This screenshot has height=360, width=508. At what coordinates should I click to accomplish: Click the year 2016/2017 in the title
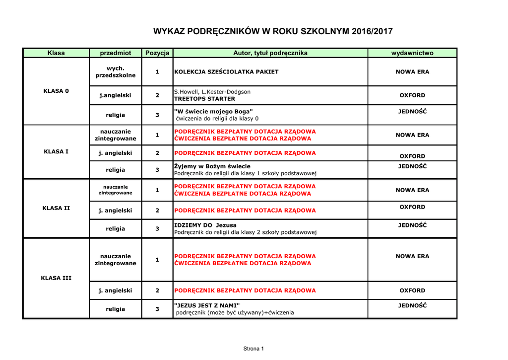point(372,32)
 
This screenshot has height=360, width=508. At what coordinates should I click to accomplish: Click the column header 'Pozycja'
point(157,53)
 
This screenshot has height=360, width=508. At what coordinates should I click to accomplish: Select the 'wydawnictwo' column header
point(412,53)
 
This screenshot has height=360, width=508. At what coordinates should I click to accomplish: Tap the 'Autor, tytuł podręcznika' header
point(270,53)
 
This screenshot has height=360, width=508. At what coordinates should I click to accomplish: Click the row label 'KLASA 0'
point(56,91)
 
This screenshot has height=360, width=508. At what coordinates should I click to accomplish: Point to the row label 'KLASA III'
point(56,278)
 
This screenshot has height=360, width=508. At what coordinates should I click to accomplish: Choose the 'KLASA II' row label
point(56,208)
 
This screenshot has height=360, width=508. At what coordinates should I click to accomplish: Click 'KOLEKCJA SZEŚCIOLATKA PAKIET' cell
point(226,72)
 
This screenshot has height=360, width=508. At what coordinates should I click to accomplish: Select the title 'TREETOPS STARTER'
point(204,99)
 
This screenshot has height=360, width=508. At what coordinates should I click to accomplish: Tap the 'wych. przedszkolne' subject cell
point(115,72)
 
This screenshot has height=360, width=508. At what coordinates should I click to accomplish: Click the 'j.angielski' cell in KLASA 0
point(115,95)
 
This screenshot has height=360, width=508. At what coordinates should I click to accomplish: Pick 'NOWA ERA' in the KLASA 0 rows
point(412,72)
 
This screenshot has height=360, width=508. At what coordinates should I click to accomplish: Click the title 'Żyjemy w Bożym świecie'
point(212,166)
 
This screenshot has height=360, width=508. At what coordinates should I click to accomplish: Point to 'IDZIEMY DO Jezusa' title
point(205,225)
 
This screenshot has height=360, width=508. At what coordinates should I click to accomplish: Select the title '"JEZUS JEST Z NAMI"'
point(207,305)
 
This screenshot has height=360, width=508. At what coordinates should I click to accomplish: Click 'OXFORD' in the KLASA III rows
point(412,290)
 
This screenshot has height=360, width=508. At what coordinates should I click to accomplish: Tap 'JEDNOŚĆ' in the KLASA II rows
point(412,225)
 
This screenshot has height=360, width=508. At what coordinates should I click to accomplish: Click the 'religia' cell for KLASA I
point(115,170)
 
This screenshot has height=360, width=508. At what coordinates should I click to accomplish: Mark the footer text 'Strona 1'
point(254,349)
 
